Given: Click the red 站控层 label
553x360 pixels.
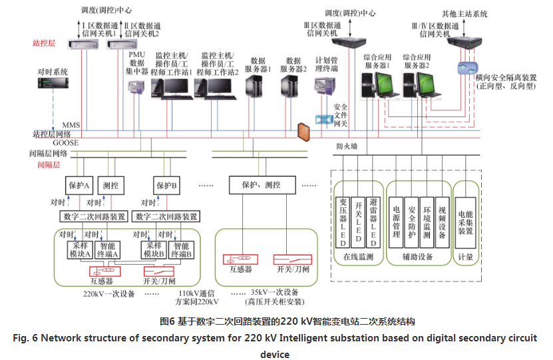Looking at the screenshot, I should coord(44,43).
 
